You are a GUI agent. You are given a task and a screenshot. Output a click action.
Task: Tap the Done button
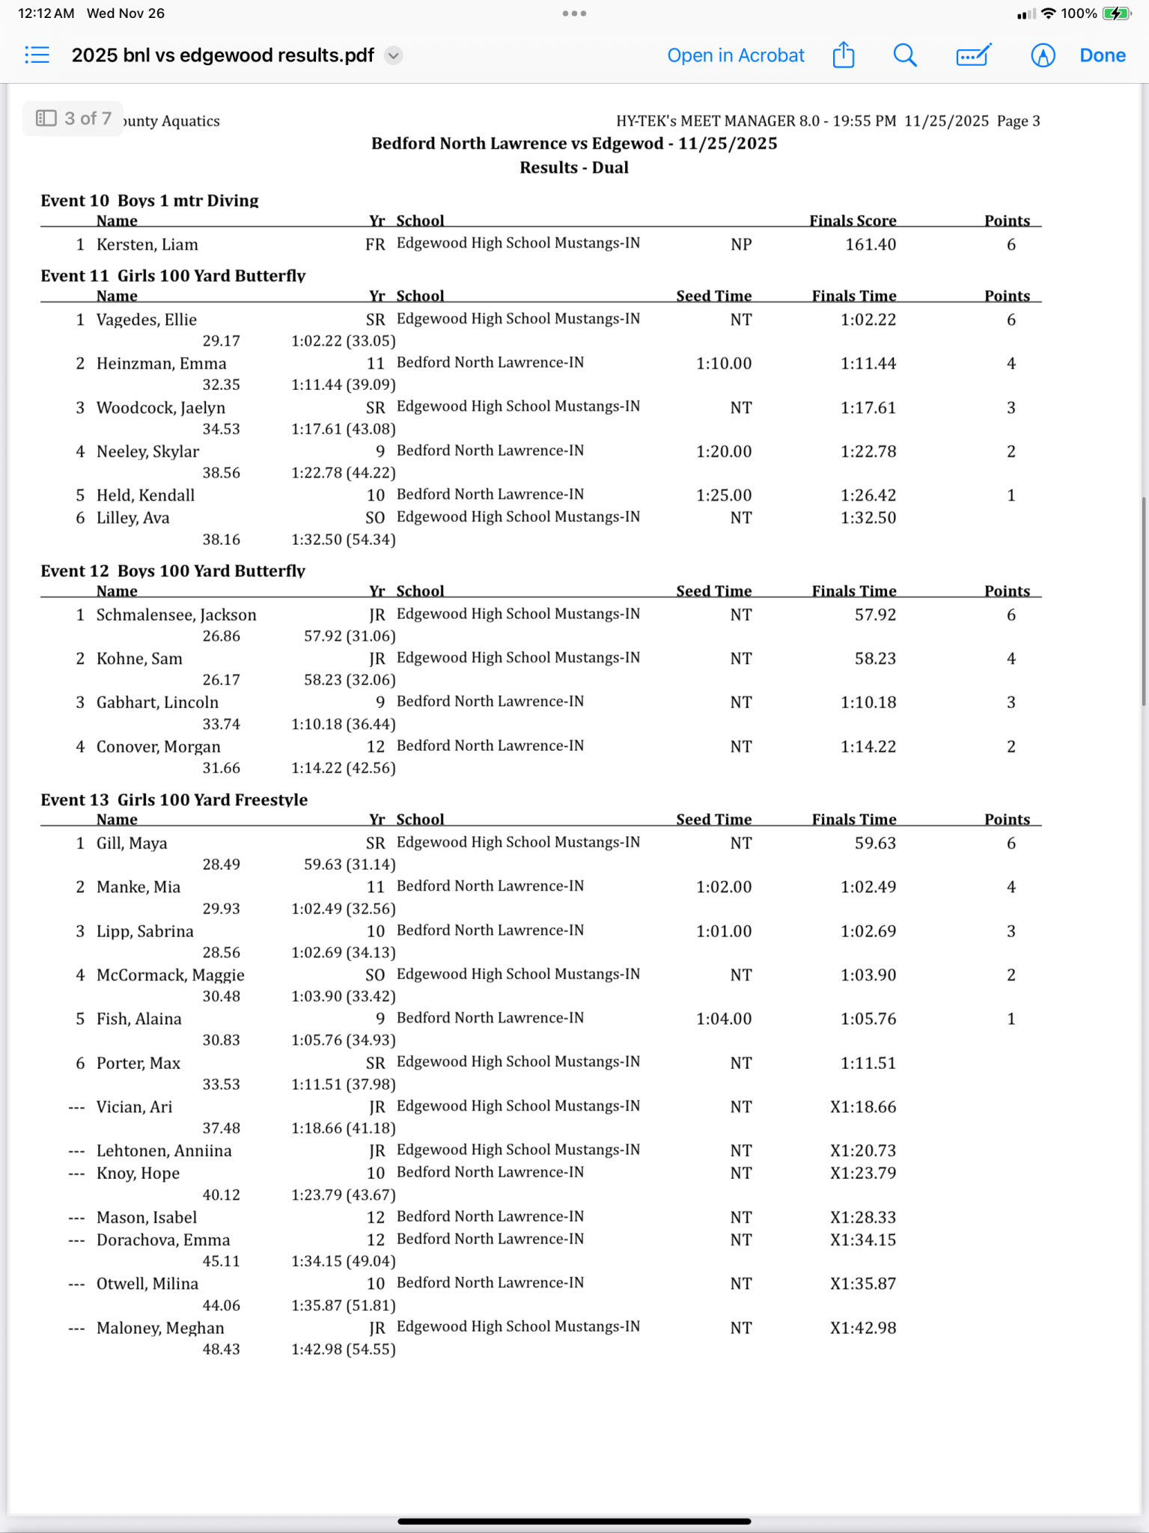click(1102, 55)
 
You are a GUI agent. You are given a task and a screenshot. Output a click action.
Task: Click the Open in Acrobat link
click(735, 55)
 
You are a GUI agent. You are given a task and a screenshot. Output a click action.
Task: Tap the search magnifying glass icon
click(904, 55)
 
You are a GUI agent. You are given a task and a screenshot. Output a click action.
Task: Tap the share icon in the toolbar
click(844, 55)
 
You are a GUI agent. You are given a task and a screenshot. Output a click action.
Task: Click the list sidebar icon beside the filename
click(37, 55)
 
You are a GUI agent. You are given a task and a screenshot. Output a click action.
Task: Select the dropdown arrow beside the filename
click(393, 55)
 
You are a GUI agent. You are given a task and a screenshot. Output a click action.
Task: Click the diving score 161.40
click(870, 245)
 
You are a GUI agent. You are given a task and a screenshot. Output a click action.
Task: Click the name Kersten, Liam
click(147, 245)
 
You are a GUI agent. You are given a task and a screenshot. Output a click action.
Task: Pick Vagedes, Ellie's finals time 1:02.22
click(868, 320)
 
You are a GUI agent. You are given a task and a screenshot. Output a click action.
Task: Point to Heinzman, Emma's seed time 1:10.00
click(723, 364)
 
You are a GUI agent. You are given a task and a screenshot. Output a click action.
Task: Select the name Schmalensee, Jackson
click(176, 615)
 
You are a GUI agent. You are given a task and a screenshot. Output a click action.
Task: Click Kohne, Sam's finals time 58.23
click(875, 659)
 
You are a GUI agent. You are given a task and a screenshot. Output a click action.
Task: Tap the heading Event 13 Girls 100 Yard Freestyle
click(174, 799)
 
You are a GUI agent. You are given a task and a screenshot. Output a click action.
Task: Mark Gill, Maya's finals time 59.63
click(875, 844)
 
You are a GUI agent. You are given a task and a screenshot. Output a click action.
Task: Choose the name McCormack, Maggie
click(170, 975)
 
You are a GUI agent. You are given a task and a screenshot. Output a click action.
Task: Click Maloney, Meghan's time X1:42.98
click(862, 1328)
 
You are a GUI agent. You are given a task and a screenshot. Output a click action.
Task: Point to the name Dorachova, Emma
click(163, 1240)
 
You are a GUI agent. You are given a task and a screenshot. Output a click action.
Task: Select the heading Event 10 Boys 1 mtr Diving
click(149, 200)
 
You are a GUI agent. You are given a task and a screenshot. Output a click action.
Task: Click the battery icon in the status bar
click(1115, 13)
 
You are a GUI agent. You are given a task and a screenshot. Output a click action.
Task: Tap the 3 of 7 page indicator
click(73, 118)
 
